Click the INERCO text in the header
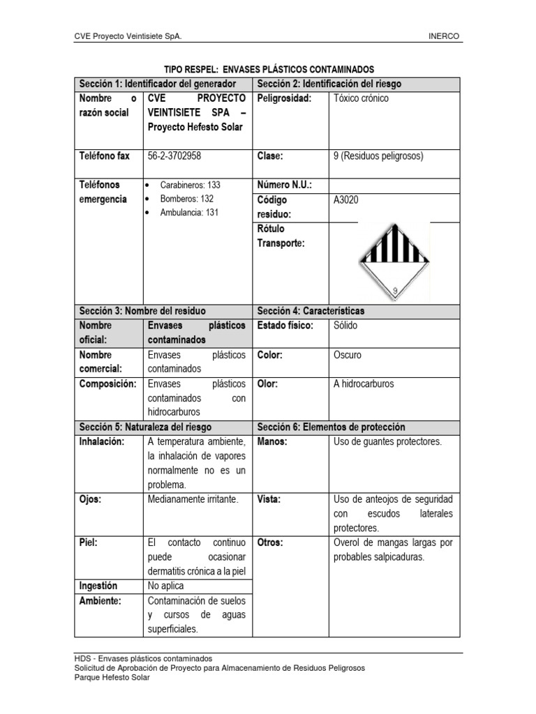click(x=444, y=36)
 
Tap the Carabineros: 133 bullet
click(x=189, y=185)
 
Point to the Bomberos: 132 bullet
click(x=186, y=199)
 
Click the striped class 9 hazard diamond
click(x=394, y=262)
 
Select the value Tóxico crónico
click(x=362, y=98)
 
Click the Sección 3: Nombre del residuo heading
click(x=142, y=311)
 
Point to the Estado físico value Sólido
click(x=346, y=326)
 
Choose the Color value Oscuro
click(x=348, y=355)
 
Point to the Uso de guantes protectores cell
click(x=388, y=442)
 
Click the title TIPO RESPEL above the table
click(x=269, y=69)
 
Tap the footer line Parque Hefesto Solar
click(x=111, y=677)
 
